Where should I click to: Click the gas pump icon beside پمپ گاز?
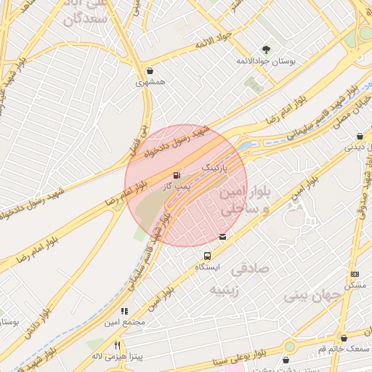pyautogui.click(x=177, y=175)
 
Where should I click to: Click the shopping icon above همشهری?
pyautogui.click(x=150, y=71)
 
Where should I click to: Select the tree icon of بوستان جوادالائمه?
pyautogui.click(x=267, y=49)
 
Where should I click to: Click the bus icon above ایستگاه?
pyautogui.click(x=208, y=256)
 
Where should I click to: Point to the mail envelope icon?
pyautogui.click(x=222, y=236)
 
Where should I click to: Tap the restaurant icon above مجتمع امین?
pyautogui.click(x=124, y=311)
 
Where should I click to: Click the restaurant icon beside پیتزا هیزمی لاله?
pyautogui.click(x=117, y=345)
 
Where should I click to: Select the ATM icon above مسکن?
pyautogui.click(x=355, y=274)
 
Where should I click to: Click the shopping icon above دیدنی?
pyautogui.click(x=360, y=136)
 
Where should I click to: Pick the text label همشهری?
pyautogui.click(x=150, y=83)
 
